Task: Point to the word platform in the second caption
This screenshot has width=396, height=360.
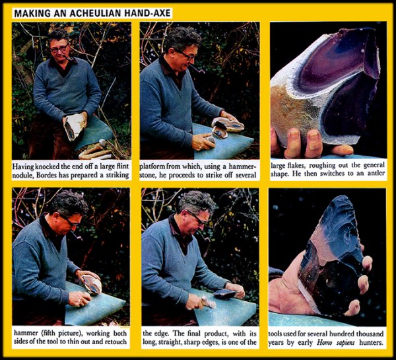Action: [x=152, y=167]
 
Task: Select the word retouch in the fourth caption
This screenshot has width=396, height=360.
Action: [x=116, y=342]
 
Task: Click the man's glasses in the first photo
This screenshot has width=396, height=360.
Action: [x=59, y=48]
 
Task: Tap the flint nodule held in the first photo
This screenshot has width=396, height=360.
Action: [x=75, y=126]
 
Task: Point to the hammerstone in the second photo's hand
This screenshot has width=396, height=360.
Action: [x=210, y=140]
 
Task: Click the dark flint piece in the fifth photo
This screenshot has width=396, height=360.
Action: [x=225, y=294]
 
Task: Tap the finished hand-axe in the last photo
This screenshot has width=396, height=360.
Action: [x=331, y=256]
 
